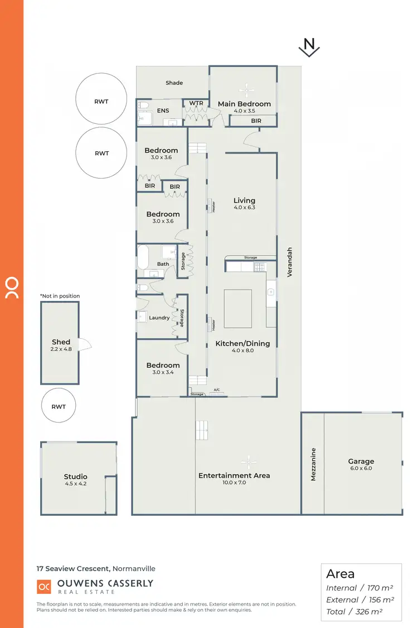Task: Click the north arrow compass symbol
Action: (x=309, y=49)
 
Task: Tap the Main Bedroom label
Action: (x=244, y=104)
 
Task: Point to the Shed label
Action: (x=61, y=342)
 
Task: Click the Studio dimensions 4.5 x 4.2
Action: (x=75, y=484)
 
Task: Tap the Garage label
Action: (x=361, y=461)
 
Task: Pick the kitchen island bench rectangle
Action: (x=239, y=309)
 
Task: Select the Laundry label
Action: (x=159, y=318)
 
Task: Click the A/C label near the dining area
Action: (x=217, y=390)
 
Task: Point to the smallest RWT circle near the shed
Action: (x=59, y=406)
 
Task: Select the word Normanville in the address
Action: (x=134, y=569)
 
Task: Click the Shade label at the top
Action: (x=174, y=83)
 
